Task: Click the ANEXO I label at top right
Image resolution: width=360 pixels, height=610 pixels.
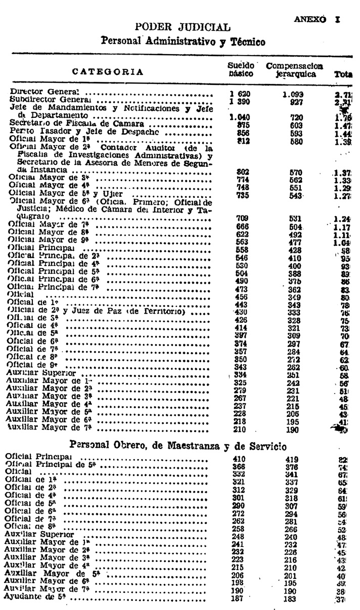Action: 317,20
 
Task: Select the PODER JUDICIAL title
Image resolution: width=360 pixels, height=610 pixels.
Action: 183,27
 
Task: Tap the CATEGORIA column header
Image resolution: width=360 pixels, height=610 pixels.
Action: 108,71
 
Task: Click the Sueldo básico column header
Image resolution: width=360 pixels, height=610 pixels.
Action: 241,70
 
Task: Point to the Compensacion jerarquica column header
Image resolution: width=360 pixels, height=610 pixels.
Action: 295,70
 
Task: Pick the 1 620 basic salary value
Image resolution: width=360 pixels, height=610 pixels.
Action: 240,94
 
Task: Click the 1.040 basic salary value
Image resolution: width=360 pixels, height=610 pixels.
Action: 240,117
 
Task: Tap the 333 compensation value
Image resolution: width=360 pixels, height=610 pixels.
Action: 294,313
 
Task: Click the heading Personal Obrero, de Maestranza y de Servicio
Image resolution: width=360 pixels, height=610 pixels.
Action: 177,447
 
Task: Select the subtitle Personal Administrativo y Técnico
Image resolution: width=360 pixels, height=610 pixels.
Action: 183,42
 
